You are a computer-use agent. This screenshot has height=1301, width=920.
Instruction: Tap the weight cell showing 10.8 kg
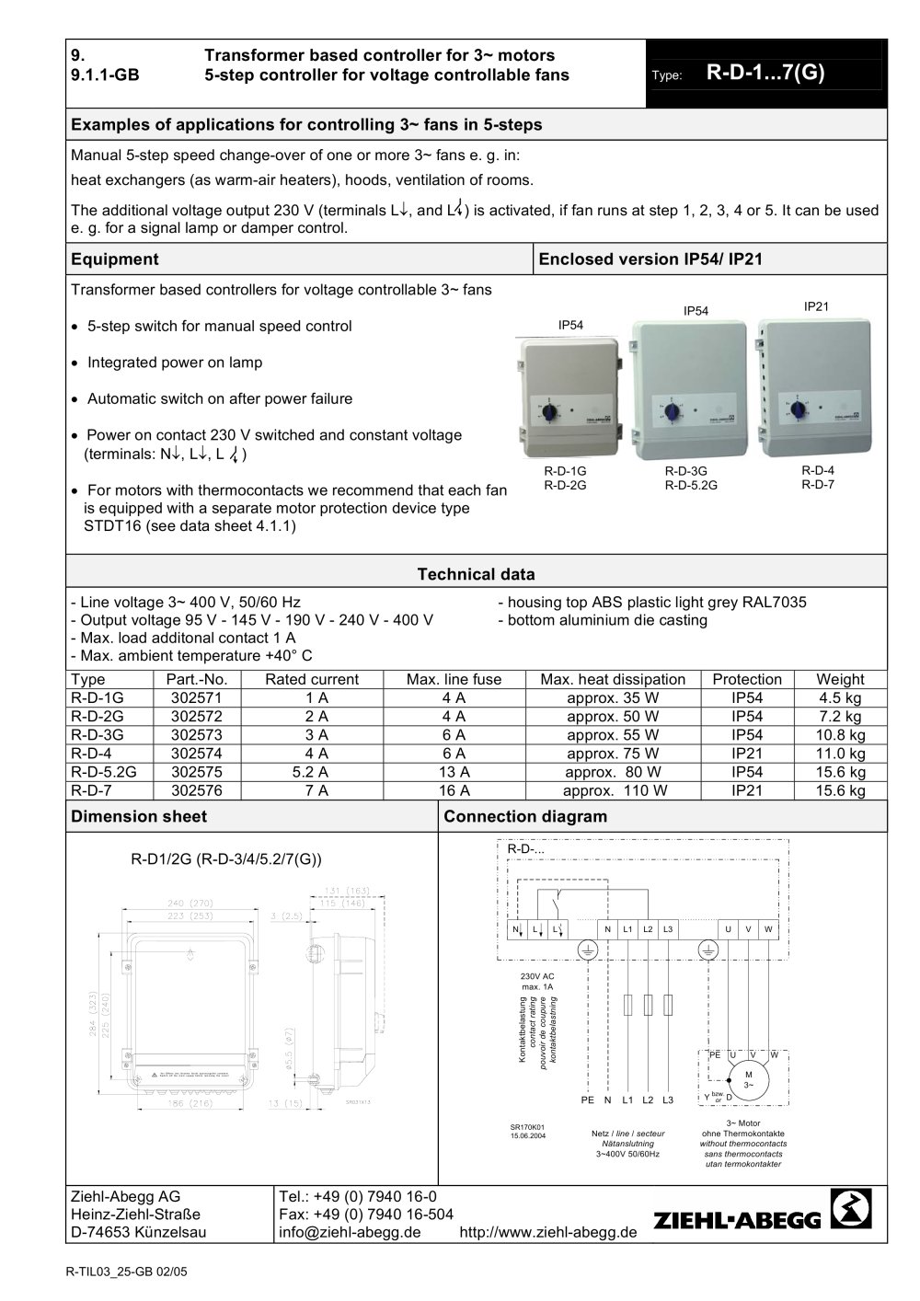click(841, 735)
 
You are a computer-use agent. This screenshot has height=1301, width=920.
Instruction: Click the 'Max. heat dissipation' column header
click(613, 679)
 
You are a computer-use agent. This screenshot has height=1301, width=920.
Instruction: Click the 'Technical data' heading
click(476, 574)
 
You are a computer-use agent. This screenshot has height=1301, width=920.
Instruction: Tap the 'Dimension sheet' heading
click(139, 816)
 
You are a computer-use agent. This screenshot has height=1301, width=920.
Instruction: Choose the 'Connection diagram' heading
click(525, 816)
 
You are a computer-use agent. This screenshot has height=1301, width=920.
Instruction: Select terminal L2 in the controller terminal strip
click(648, 929)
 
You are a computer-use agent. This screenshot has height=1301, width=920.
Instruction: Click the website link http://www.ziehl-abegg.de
click(547, 1232)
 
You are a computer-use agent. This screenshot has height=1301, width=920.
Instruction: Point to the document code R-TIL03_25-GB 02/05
click(127, 1272)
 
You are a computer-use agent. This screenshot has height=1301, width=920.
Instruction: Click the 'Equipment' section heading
click(115, 259)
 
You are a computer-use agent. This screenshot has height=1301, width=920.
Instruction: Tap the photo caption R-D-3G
click(685, 471)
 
